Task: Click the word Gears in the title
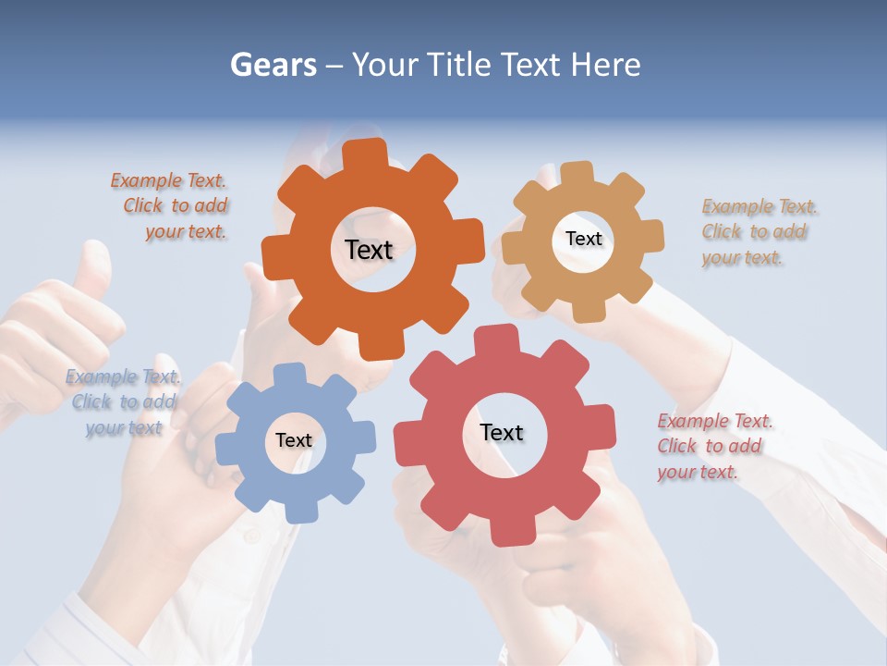[x=273, y=65]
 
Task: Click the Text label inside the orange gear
[x=370, y=250]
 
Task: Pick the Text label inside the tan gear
[x=583, y=239]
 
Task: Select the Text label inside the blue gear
[x=294, y=440]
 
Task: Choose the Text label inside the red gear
[x=502, y=432]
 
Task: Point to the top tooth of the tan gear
[x=577, y=174]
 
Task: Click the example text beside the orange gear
[x=170, y=206]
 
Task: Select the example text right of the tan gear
[x=759, y=232]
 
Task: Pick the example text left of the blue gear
[x=124, y=402]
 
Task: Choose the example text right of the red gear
[x=714, y=447]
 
